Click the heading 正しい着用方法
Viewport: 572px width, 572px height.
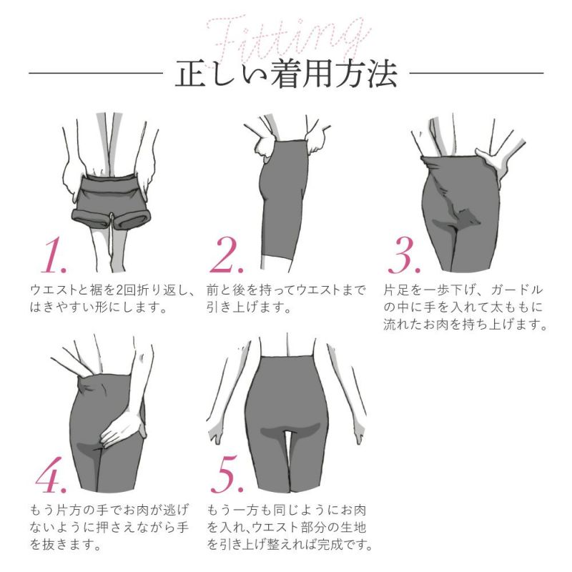[x=286, y=74]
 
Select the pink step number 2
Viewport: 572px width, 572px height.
[x=230, y=255]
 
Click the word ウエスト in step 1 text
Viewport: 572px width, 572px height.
[x=54, y=291]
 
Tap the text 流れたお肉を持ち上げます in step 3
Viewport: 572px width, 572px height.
[x=465, y=325]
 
